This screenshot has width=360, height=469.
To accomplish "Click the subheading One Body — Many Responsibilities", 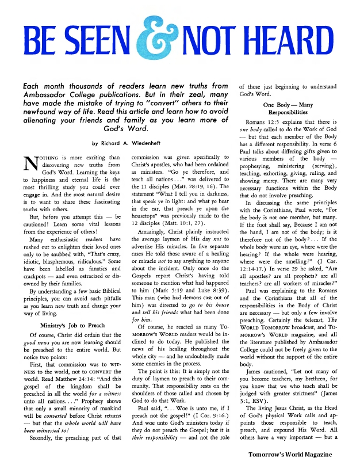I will pos(289,110).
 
